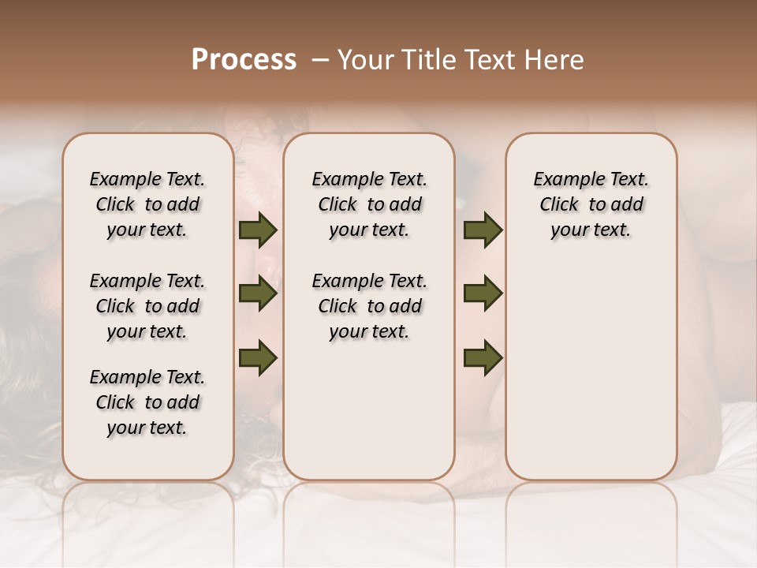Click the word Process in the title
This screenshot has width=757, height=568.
click(244, 60)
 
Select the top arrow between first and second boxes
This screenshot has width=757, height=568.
click(258, 230)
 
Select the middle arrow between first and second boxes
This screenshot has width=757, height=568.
click(258, 294)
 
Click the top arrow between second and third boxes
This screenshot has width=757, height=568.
click(483, 230)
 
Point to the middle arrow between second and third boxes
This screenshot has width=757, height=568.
click(483, 294)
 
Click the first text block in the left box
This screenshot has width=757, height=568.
click(147, 204)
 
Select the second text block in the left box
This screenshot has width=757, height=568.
click(147, 306)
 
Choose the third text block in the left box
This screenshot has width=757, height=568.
click(147, 402)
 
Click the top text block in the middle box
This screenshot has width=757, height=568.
click(369, 204)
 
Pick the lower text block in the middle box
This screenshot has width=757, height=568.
click(369, 306)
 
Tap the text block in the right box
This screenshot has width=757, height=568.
click(591, 204)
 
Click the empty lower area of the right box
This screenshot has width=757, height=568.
click(591, 371)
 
